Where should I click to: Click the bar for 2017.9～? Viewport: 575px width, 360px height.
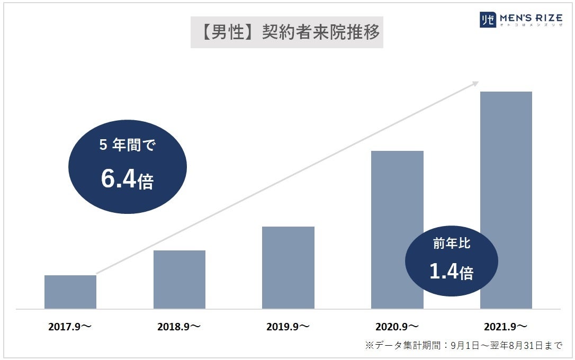(x=70, y=292)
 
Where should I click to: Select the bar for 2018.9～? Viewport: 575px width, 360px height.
(x=179, y=280)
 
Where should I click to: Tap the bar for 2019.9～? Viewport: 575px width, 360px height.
(x=288, y=267)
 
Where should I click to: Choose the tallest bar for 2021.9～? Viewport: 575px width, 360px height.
(x=506, y=200)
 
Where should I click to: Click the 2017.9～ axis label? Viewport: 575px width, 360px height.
(x=70, y=327)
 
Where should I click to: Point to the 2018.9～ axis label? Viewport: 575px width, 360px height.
(x=179, y=327)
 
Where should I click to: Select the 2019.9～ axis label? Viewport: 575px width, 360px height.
(x=288, y=327)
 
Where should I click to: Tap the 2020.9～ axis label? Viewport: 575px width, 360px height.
(x=397, y=327)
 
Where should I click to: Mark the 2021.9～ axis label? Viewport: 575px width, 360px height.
(x=506, y=327)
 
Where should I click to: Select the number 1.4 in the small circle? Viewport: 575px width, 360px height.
(x=444, y=271)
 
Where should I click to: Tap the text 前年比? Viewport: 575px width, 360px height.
(x=451, y=245)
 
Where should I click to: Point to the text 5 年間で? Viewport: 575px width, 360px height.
(x=127, y=145)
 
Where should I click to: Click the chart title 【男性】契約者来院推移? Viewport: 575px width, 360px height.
(x=286, y=32)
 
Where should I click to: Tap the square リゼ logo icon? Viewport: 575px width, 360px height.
(x=487, y=20)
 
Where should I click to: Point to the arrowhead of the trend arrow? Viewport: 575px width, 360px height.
(x=475, y=83)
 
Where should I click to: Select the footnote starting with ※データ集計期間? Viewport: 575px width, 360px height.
(x=463, y=346)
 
